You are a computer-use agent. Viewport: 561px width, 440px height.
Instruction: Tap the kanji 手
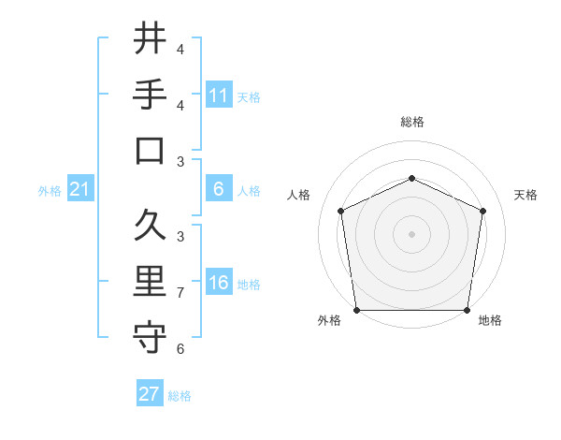tap(150, 95)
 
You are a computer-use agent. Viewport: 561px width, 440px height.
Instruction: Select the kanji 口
tap(150, 151)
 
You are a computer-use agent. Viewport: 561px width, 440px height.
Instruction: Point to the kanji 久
tap(150, 226)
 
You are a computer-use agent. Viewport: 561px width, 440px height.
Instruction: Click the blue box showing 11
tap(219, 95)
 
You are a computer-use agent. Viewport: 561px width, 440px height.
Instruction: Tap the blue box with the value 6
tap(219, 189)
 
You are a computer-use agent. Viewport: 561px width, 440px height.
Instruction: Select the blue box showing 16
tap(219, 283)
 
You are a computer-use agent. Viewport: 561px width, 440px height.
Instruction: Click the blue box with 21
tap(79, 190)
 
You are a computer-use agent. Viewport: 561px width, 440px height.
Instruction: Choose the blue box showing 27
tap(150, 394)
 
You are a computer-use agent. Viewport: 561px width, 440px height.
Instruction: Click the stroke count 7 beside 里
tap(180, 293)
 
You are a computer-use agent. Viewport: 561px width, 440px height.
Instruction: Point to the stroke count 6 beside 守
tap(180, 349)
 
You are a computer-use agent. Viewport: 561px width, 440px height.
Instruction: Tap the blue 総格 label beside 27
tap(180, 395)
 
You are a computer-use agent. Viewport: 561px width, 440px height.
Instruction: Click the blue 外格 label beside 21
tap(50, 191)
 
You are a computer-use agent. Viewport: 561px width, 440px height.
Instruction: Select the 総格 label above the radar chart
tap(411, 122)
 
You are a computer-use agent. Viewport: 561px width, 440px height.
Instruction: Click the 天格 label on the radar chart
tap(525, 195)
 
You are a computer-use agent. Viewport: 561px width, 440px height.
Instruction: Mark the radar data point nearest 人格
tap(341, 211)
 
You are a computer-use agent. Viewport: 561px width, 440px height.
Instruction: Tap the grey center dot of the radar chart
tap(411, 233)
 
